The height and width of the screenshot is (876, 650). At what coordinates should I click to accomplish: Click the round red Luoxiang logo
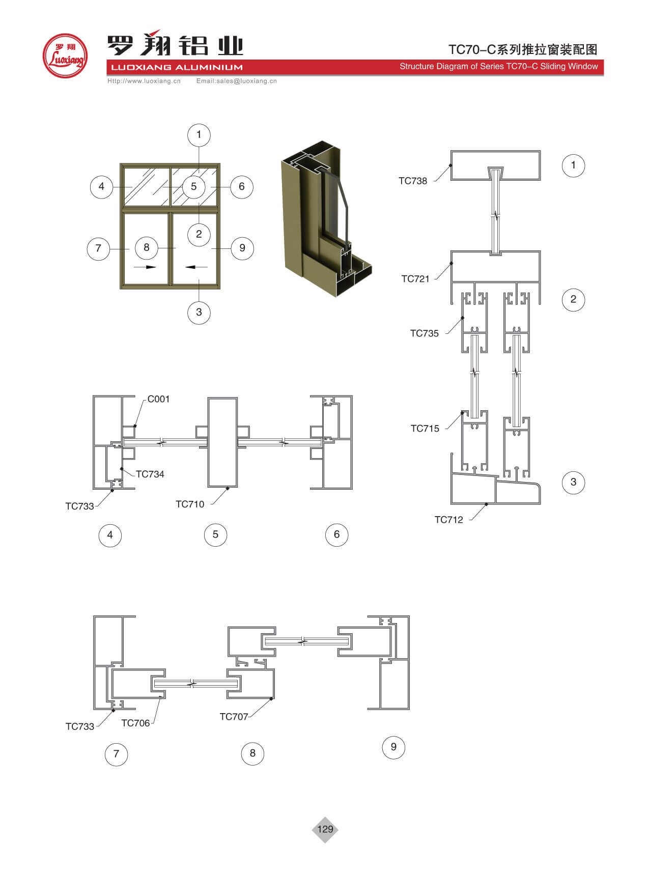pyautogui.click(x=65, y=56)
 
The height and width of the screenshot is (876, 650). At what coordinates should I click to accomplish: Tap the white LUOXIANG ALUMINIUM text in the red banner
pyautogui.click(x=177, y=67)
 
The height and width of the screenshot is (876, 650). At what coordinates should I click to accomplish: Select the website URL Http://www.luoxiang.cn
pyautogui.click(x=144, y=81)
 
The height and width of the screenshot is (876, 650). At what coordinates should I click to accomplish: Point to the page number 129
pyautogui.click(x=325, y=829)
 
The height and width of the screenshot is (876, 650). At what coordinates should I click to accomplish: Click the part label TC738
pyautogui.click(x=413, y=181)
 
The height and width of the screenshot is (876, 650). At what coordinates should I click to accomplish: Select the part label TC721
pyautogui.click(x=415, y=278)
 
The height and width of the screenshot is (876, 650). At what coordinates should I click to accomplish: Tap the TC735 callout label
pyautogui.click(x=425, y=333)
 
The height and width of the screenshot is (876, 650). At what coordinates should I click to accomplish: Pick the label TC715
pyautogui.click(x=425, y=429)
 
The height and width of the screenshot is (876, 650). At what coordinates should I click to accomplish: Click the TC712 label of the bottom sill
pyautogui.click(x=449, y=520)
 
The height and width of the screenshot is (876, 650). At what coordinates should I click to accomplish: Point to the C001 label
pyautogui.click(x=158, y=399)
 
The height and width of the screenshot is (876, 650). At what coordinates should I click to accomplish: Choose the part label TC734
pyautogui.click(x=150, y=474)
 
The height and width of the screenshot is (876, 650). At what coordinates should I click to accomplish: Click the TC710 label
pyautogui.click(x=190, y=504)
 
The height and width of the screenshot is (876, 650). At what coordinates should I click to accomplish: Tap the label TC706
pyautogui.click(x=135, y=723)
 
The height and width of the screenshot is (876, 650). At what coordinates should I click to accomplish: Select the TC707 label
pyautogui.click(x=234, y=717)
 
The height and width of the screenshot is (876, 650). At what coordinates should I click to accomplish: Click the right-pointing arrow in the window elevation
pyautogui.click(x=145, y=267)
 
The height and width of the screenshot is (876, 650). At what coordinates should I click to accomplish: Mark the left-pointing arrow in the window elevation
pyautogui.click(x=196, y=267)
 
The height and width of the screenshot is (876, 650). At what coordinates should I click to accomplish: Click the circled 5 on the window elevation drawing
pyautogui.click(x=193, y=186)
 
